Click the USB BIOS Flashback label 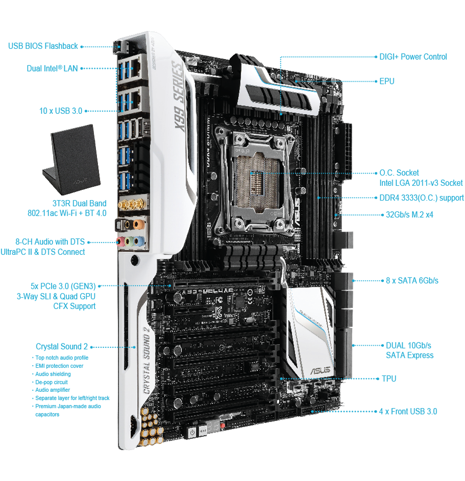click(43, 46)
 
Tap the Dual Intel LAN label click(52, 69)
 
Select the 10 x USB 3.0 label click(61, 111)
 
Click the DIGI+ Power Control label click(413, 57)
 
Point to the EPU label click(387, 81)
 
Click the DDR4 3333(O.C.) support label click(422, 198)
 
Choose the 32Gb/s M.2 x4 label click(409, 215)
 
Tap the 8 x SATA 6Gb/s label click(412, 281)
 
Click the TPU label click(389, 379)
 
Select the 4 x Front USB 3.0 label click(408, 412)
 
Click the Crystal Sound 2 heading click(62, 346)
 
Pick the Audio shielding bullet click(53, 374)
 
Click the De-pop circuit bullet click(51, 382)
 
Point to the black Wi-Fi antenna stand click(72, 160)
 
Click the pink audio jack click(121, 241)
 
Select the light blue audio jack click(140, 241)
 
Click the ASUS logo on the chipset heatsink click(321, 370)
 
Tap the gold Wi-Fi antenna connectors click(132, 204)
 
